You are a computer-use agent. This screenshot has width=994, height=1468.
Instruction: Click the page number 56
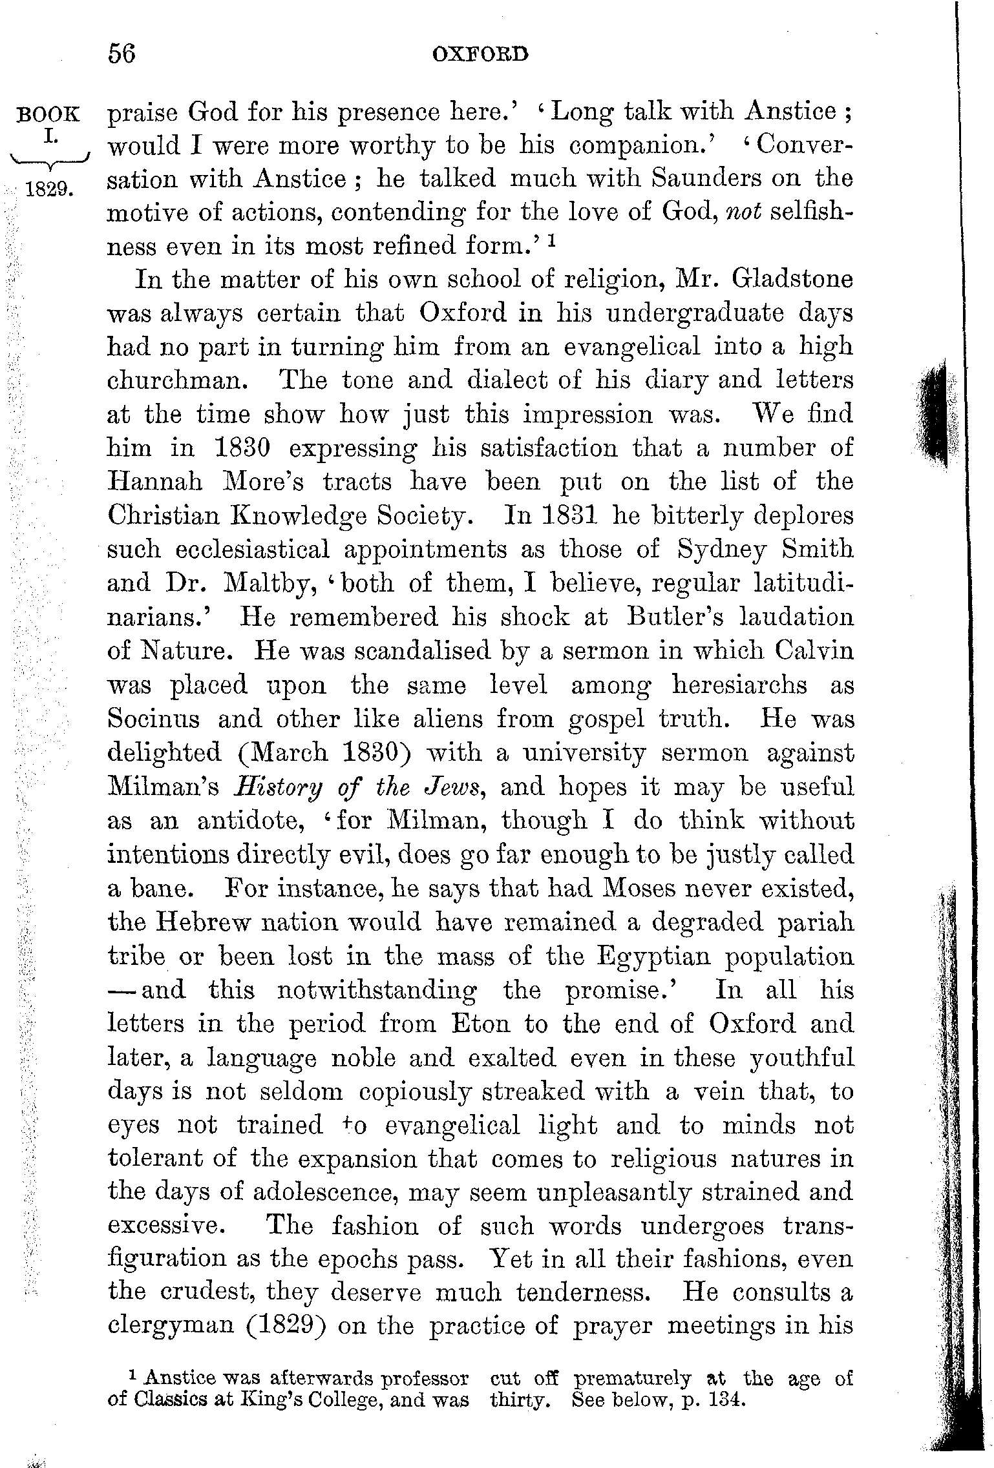pyautogui.click(x=122, y=54)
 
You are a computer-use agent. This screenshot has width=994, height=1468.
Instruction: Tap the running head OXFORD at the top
pyautogui.click(x=480, y=54)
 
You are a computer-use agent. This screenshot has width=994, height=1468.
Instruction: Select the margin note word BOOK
pyautogui.click(x=50, y=115)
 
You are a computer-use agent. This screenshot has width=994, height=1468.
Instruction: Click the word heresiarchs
pyautogui.click(x=739, y=685)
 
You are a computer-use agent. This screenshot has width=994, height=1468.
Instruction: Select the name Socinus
pyautogui.click(x=154, y=719)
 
